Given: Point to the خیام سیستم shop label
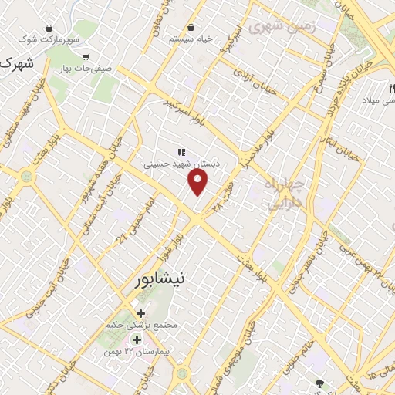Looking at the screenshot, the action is tap(190, 39).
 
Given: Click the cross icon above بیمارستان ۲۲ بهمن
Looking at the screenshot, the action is tap(137, 340).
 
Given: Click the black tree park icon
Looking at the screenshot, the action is tap(320, 383).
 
